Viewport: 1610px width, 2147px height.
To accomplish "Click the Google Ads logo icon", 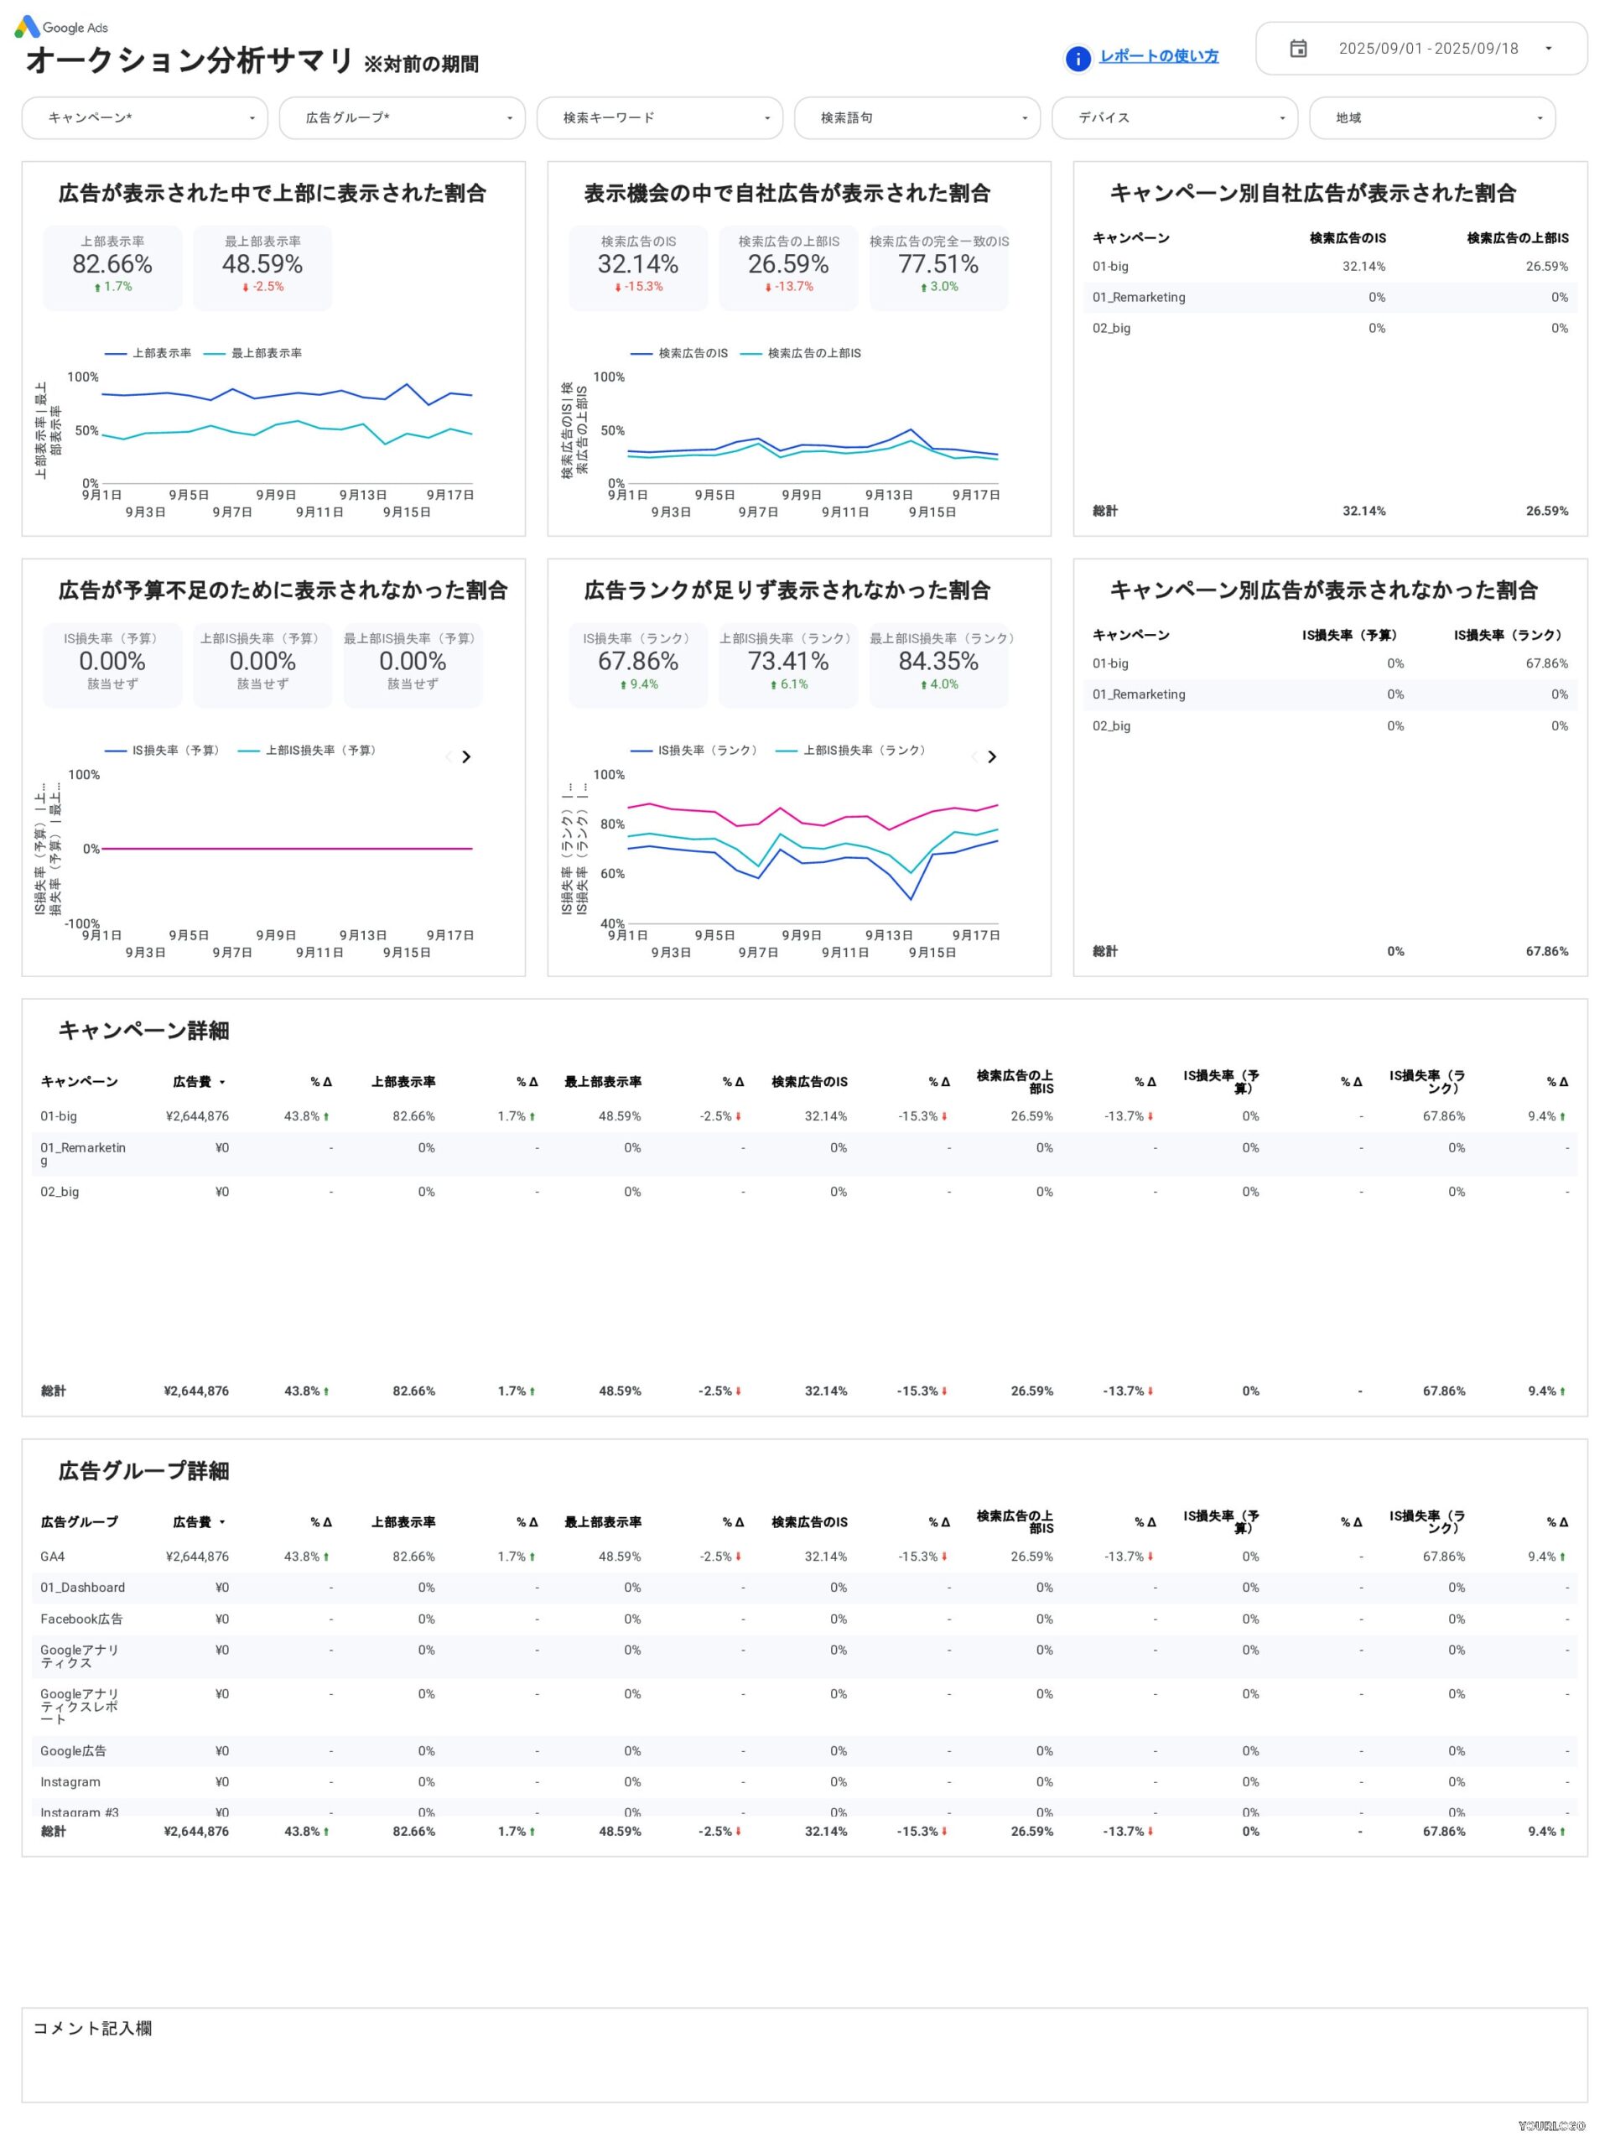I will click(27, 27).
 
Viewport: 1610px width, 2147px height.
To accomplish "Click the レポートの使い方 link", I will click(1159, 56).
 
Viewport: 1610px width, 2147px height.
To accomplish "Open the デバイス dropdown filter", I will click(1174, 118).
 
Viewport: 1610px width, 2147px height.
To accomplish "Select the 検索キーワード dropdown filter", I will click(659, 118).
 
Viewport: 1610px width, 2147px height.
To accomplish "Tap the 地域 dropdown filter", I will click(1431, 118).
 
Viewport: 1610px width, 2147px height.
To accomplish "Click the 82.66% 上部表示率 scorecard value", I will click(112, 264).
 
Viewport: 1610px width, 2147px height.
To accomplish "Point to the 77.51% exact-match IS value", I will click(937, 264).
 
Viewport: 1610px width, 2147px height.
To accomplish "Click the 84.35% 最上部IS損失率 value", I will click(937, 661).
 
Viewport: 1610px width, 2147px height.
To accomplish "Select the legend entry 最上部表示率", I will click(265, 353).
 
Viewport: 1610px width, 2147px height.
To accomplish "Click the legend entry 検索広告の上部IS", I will click(813, 353).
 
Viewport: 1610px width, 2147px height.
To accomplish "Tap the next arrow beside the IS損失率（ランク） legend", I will click(992, 757).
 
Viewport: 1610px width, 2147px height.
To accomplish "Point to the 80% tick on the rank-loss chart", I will click(612, 824).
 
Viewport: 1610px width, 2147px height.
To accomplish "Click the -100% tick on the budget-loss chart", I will click(82, 924).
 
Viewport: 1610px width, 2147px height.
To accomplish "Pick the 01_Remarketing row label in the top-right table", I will click(1139, 297).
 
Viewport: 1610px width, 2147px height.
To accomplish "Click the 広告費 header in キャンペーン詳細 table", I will click(192, 1082).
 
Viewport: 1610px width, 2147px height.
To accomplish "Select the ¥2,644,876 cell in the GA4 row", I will click(197, 1557).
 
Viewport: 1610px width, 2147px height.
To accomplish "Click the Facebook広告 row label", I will click(81, 1619).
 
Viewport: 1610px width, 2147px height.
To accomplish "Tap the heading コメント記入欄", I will click(92, 2029).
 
